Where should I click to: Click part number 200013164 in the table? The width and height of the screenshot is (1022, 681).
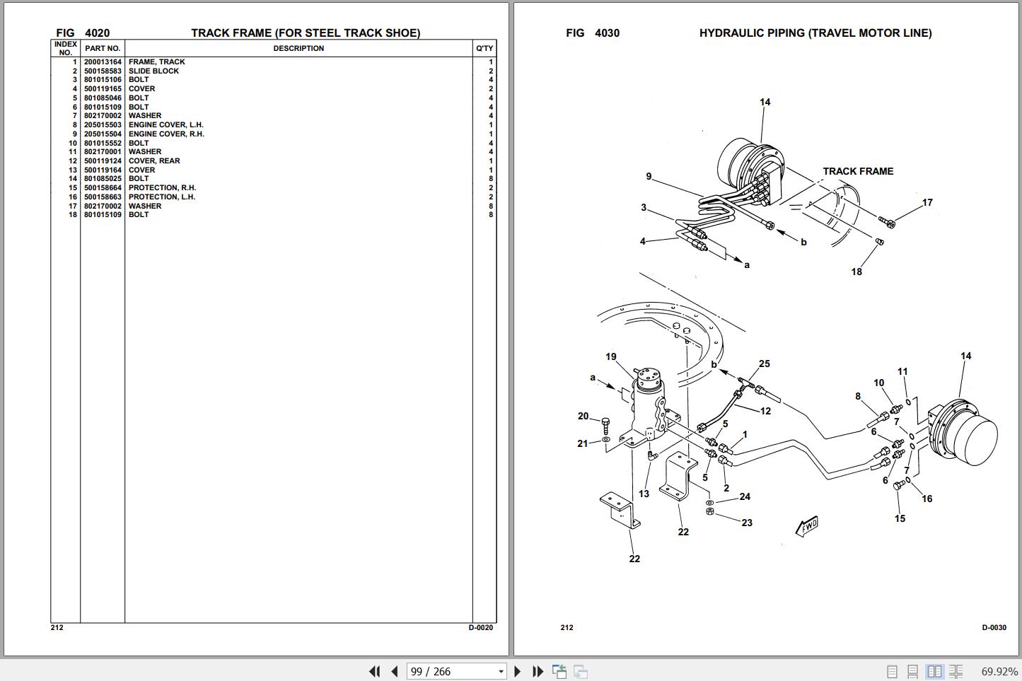(103, 62)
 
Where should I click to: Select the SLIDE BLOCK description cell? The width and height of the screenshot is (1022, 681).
(153, 71)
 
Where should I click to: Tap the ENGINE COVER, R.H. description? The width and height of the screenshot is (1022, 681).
(166, 134)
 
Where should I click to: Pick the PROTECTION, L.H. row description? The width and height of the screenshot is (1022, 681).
(161, 197)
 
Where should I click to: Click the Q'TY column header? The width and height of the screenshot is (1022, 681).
(484, 48)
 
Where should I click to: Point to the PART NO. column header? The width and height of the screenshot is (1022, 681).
(103, 48)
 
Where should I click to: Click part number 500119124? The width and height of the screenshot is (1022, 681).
(103, 161)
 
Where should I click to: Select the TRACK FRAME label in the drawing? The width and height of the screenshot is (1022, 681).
(858, 171)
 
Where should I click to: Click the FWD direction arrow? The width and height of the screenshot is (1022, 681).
(807, 526)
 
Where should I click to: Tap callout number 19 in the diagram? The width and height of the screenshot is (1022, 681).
(611, 356)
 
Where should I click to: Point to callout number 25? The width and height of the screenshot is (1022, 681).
(765, 363)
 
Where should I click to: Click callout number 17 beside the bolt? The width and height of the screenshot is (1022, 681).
(927, 202)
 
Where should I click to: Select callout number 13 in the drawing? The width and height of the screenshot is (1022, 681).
(644, 494)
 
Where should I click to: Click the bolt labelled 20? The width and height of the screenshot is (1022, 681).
(606, 426)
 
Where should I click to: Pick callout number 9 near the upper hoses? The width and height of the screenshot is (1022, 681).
(649, 176)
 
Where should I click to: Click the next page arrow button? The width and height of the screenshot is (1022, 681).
(518, 671)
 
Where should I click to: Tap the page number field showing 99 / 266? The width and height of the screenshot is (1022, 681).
(457, 671)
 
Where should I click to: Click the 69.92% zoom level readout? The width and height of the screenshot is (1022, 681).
(999, 671)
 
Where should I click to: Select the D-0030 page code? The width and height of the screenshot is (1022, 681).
(994, 628)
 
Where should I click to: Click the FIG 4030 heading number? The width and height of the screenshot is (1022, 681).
(608, 33)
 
